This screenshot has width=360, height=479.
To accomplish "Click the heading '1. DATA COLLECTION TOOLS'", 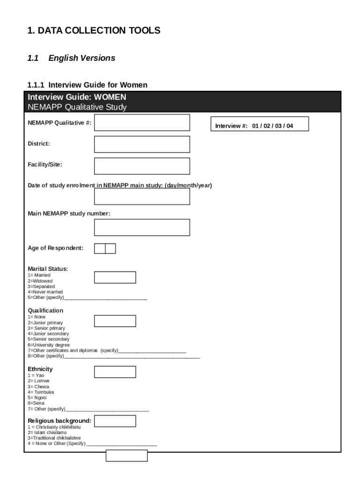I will pos(94,31).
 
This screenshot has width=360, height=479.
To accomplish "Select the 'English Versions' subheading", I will pos(81,58).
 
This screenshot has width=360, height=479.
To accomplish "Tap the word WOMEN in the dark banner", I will pos(111,97).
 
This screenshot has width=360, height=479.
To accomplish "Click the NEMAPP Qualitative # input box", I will pos(142,123).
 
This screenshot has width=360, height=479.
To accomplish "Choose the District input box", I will pos(142,144).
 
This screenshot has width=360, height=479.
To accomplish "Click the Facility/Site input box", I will pos(142,166).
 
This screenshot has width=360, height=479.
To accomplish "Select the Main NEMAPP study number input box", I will pos(142,227).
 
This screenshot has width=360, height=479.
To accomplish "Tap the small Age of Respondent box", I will pos(105,248).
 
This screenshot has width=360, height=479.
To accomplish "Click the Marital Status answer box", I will pos(115,277).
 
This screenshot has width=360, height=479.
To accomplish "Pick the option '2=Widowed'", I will pos(40,281).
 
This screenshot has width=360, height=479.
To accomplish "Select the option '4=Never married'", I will pos(45,292).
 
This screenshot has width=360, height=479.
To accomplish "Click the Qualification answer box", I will pos(115,321).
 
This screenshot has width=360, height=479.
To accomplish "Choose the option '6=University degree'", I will pos(49,345).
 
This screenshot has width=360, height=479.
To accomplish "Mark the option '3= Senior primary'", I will pos(46,328).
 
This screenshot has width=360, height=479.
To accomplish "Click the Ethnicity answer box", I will pos(115,372).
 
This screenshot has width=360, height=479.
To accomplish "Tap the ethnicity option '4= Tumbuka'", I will pos(41,392).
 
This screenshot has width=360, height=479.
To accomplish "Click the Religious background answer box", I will pos(115,421).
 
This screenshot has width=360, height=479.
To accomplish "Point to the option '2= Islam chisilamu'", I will pos(47,433).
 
